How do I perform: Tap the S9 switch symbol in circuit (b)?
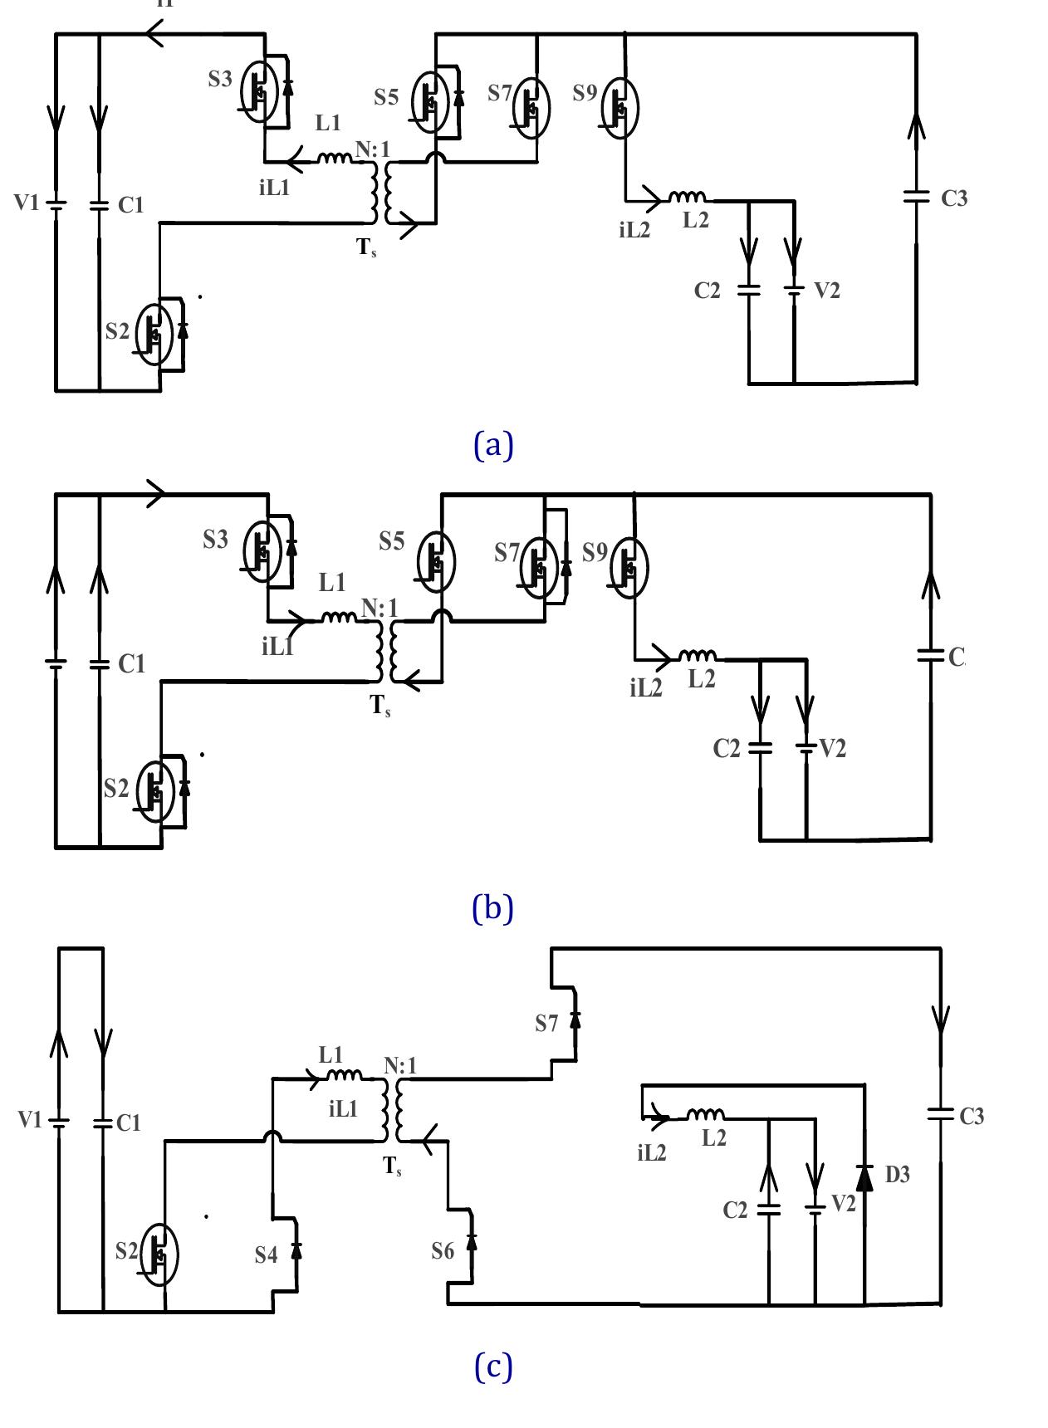(629, 568)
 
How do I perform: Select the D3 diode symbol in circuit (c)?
(864, 1176)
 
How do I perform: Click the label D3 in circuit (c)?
(898, 1175)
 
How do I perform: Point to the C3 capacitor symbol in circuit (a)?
(916, 198)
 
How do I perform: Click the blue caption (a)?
(493, 445)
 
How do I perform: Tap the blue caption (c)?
(493, 1366)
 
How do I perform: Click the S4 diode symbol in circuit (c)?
(296, 1250)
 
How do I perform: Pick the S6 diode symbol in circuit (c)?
(472, 1242)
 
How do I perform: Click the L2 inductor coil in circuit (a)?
(688, 198)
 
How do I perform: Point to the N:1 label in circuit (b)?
(380, 609)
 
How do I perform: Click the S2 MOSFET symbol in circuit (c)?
(159, 1254)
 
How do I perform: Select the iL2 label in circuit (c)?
(652, 1152)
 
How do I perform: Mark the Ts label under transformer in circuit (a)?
(366, 247)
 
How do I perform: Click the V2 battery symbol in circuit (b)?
(806, 748)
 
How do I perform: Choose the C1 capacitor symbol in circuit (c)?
(103, 1122)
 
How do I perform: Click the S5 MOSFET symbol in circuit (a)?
(430, 101)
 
